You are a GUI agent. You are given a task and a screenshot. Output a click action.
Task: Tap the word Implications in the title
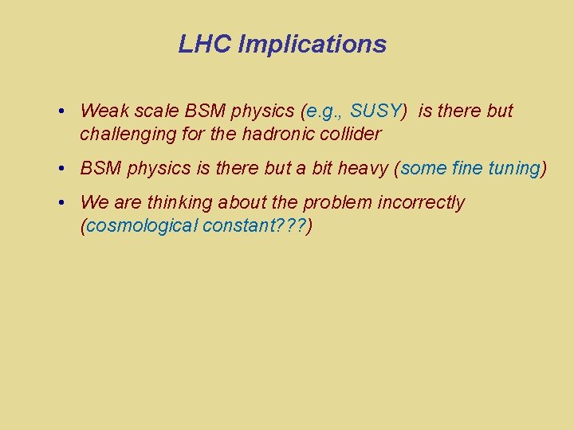(312, 44)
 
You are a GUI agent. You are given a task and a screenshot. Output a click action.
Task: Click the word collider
(351, 134)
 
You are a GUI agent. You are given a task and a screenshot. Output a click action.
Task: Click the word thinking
(176, 202)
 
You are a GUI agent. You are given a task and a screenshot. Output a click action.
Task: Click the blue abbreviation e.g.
(324, 111)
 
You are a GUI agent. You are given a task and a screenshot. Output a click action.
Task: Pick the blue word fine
(468, 168)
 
